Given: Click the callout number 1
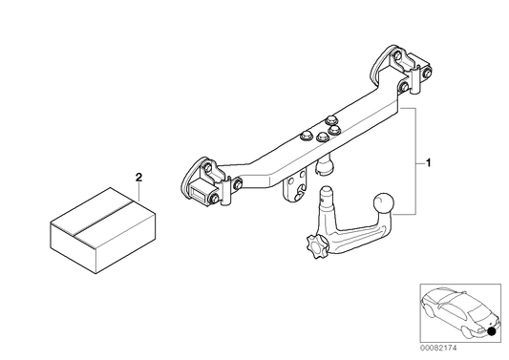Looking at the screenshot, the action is [x=428, y=163].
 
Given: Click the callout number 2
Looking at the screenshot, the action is [x=138, y=178].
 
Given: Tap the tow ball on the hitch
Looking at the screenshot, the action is [x=383, y=203].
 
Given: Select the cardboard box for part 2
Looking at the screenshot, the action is [x=103, y=230].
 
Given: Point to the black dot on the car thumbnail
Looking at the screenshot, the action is [x=492, y=331].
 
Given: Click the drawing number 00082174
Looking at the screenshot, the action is [x=438, y=348].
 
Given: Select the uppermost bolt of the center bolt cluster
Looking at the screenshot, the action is [x=331, y=119].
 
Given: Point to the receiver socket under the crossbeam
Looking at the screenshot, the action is [x=325, y=165].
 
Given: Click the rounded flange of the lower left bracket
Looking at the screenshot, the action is [x=188, y=180].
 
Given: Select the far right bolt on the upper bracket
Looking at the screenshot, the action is [x=427, y=73].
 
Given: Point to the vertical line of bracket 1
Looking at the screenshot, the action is [x=415, y=161].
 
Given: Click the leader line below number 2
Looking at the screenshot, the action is [x=138, y=192].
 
